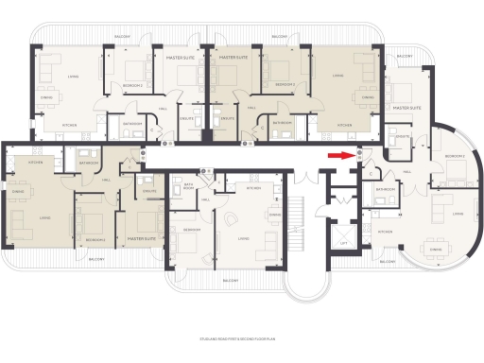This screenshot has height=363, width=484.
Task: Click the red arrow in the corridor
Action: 337,156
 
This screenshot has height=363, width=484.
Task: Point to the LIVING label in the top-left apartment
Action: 70,78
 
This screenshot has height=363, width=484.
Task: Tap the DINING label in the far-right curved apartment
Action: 436,250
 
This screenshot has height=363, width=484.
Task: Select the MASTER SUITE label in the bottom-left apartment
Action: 140,239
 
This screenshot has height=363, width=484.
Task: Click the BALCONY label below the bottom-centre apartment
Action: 230,281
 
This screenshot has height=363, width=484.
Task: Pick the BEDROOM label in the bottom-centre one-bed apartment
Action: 192,230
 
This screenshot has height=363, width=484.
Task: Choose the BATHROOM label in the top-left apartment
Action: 131,123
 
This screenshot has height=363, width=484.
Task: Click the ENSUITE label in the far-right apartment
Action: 400,137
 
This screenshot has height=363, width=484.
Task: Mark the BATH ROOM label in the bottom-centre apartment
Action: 188,187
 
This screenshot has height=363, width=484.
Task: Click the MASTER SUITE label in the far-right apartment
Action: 406,109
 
